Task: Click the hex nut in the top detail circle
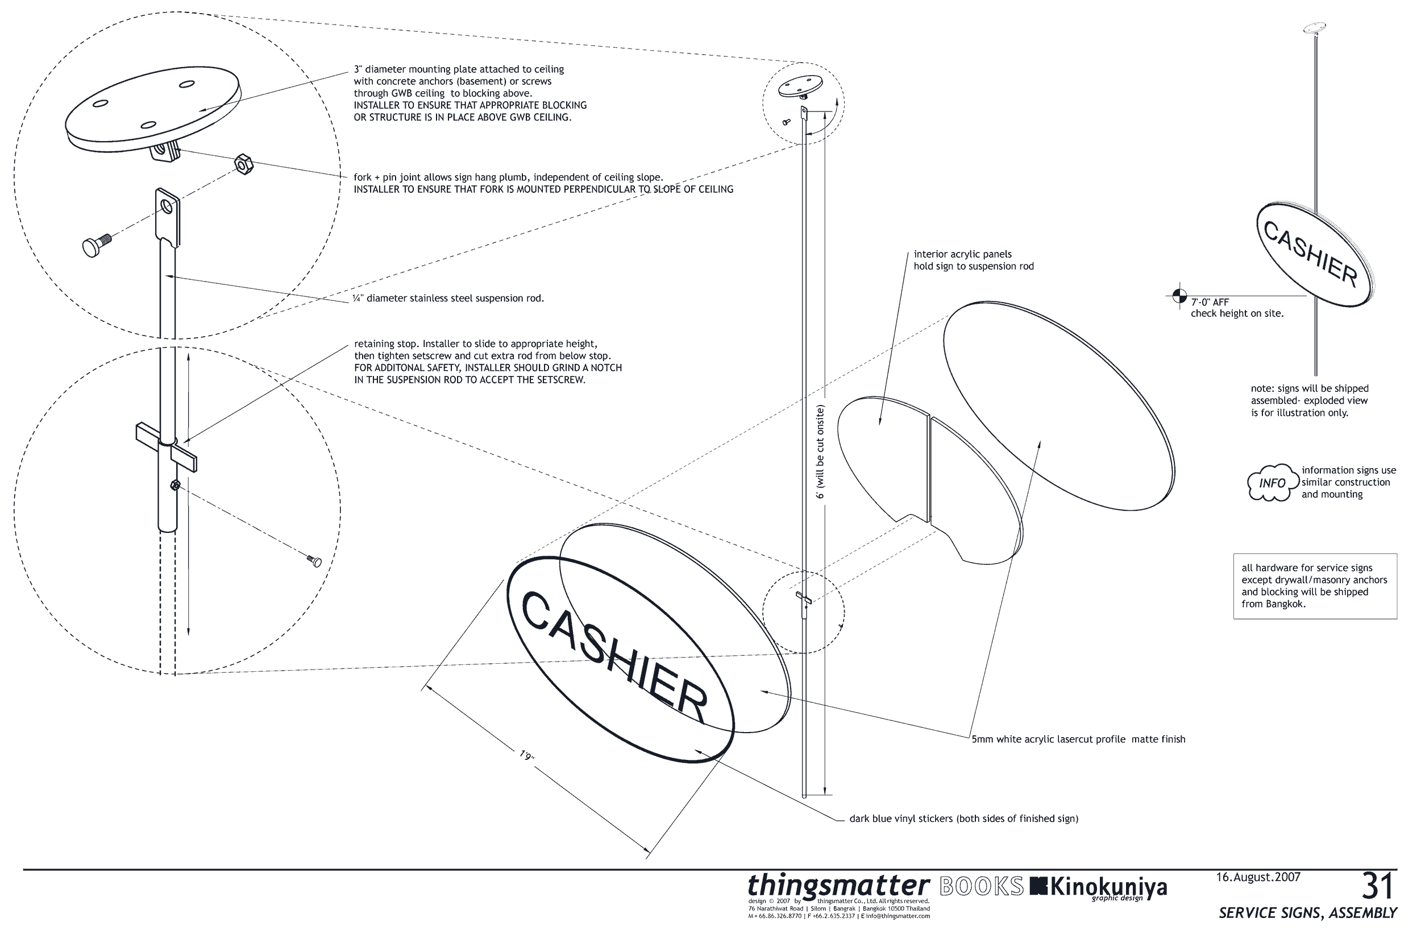(244, 164)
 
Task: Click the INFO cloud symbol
(1272, 482)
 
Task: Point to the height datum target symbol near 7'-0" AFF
(1179, 296)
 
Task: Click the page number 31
(1377, 886)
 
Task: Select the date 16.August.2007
(1258, 878)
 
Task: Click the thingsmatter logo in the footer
(839, 886)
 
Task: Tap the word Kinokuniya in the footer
(1108, 887)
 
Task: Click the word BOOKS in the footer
(982, 887)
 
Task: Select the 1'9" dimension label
(526, 755)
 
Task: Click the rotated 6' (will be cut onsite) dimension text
(820, 452)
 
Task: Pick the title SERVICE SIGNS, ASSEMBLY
(1307, 913)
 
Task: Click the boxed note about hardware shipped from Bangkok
(1315, 586)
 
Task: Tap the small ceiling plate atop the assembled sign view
(1315, 27)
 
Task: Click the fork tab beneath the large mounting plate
(165, 152)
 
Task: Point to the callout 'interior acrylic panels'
(962, 254)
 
